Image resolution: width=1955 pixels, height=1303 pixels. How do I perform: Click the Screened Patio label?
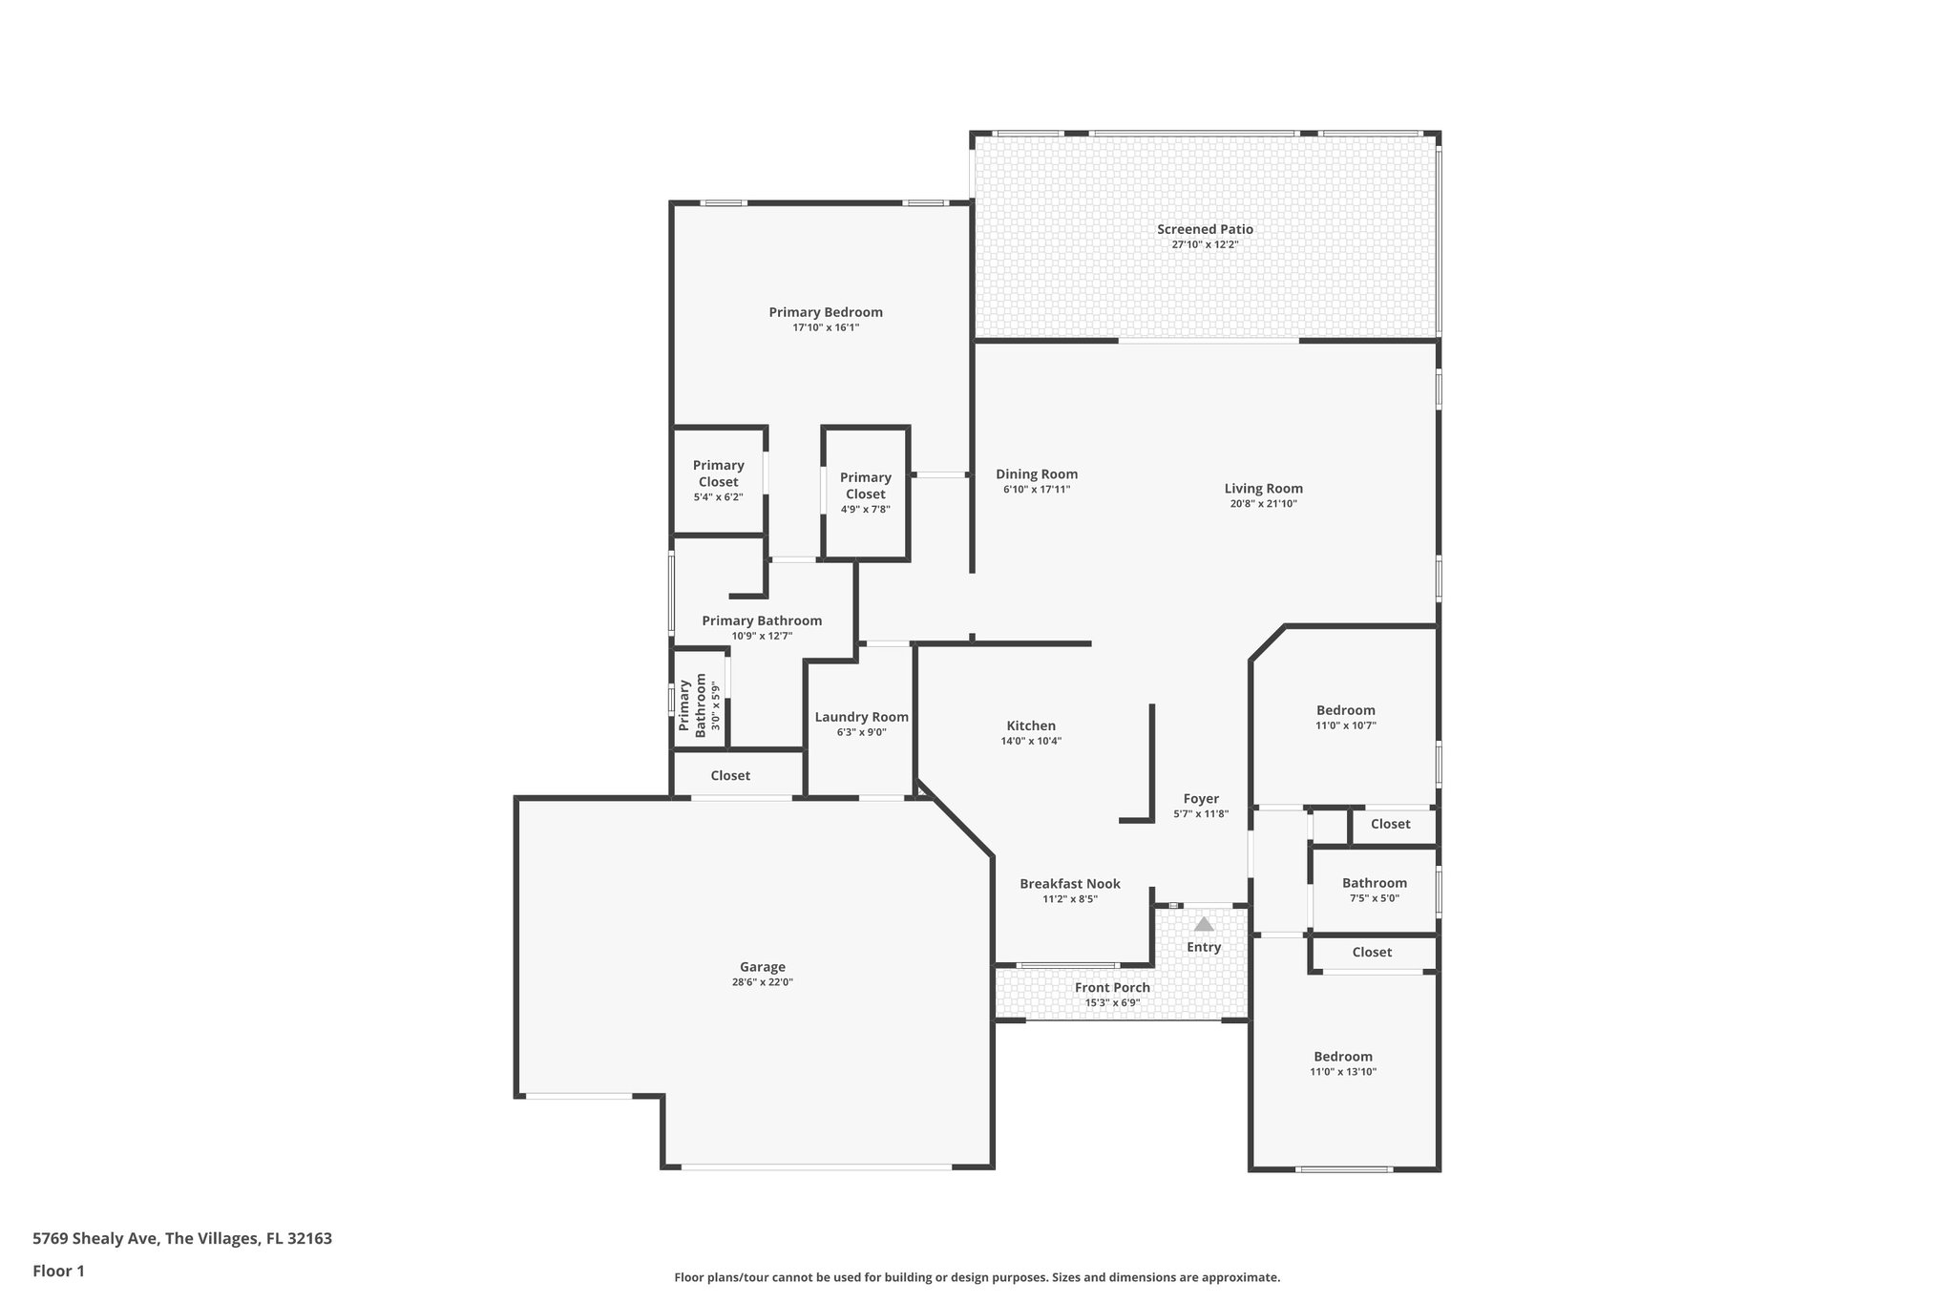[x=1205, y=229]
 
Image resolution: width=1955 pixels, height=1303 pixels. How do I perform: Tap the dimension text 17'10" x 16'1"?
[x=826, y=327]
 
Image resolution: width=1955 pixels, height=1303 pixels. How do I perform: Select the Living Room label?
[x=1263, y=489]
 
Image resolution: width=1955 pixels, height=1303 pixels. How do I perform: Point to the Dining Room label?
[x=1037, y=474]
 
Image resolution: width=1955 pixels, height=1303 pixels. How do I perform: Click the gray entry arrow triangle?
[x=1204, y=924]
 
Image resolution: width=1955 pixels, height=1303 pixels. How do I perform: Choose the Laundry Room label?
[x=861, y=717]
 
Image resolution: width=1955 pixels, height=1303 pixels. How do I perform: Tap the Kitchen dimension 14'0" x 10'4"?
[x=1031, y=741]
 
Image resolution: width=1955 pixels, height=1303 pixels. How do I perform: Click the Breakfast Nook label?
[x=1069, y=884]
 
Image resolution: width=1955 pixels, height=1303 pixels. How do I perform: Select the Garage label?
[x=762, y=967]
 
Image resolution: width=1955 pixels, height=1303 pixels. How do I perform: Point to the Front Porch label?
[x=1112, y=988]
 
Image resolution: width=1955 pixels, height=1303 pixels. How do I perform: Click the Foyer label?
[x=1201, y=799]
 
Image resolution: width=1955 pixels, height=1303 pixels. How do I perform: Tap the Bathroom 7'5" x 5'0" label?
[x=1374, y=883]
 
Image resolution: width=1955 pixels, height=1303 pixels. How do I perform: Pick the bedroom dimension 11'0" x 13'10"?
[x=1343, y=1072]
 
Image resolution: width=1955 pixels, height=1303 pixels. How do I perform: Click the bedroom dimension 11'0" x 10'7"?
[x=1346, y=725]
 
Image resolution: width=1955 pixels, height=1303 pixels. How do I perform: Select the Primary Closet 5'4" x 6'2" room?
[x=718, y=480]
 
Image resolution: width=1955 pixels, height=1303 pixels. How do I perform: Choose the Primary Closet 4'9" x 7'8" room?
[x=865, y=492]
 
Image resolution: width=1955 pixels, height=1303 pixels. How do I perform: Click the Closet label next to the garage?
[x=730, y=776]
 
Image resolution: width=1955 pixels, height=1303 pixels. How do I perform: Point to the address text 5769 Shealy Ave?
[x=181, y=1239]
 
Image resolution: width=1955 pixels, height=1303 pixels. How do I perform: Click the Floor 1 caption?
[x=58, y=1271]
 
